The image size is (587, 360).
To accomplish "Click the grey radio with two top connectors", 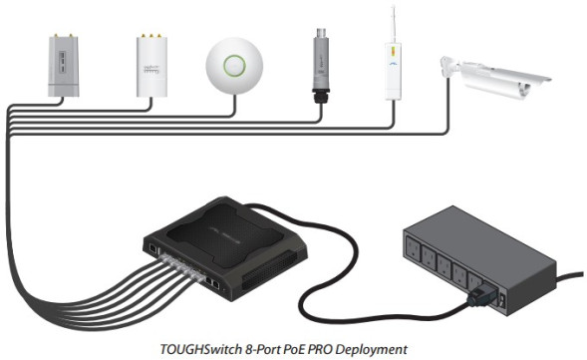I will pyautogui.click(x=62, y=67).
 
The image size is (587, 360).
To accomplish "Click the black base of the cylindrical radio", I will pyautogui.click(x=321, y=99).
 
